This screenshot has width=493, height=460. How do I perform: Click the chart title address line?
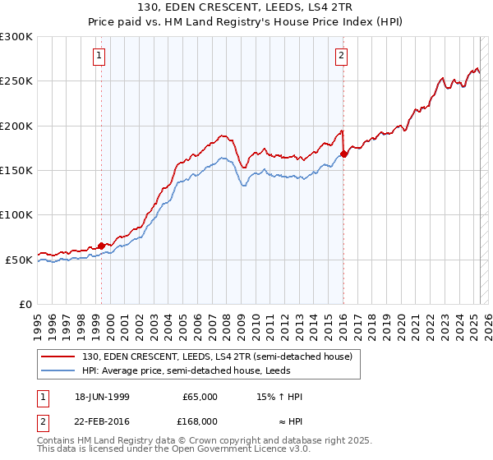point(246,7)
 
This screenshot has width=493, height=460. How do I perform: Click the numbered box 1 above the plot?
point(99,56)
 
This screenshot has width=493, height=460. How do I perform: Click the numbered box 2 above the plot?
point(341,56)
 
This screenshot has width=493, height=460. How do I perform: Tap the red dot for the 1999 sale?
point(102,246)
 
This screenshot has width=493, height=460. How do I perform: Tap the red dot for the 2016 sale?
point(343,154)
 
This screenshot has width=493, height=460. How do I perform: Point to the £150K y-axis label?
point(16,171)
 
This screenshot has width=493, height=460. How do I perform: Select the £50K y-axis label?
point(19,260)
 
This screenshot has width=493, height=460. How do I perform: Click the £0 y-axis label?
point(25,305)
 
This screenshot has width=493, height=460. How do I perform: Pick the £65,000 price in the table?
point(200,397)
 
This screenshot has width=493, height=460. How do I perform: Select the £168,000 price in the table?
point(200,421)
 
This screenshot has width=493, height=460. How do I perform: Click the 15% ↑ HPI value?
point(280,397)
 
